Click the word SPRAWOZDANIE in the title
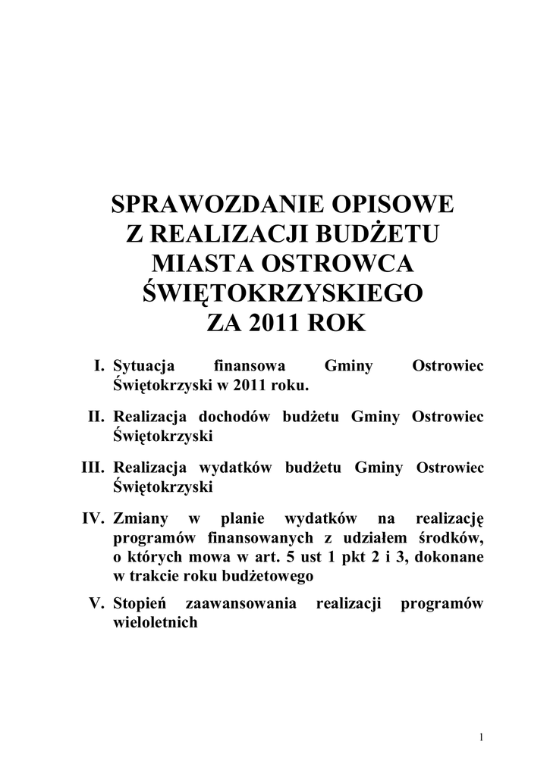pyautogui.click(x=209, y=205)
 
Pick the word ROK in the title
pyautogui.click(x=338, y=324)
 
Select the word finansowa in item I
pyautogui.click(x=250, y=367)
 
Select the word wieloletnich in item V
pyautogui.click(x=155, y=623)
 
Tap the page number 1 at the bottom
pyautogui.click(x=482, y=737)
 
